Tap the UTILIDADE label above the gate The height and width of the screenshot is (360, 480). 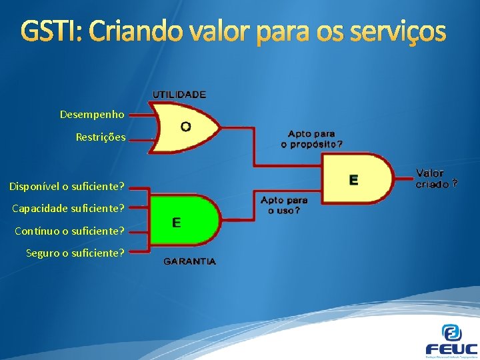[x=179, y=95]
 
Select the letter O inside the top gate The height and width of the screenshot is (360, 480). [x=186, y=125]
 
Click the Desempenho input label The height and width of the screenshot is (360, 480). [x=92, y=115]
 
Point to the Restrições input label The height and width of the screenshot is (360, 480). [x=100, y=137]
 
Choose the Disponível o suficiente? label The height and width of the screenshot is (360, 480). [x=67, y=185]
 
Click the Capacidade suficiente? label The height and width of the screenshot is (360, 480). [x=69, y=208]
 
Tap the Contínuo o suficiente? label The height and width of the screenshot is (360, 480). [x=69, y=231]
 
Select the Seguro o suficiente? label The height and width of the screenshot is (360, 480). [x=75, y=253]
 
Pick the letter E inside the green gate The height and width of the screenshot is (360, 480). [x=176, y=223]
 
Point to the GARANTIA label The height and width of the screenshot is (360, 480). [x=190, y=261]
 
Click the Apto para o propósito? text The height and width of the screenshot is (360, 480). [x=312, y=139]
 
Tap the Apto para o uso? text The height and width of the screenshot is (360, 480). [x=284, y=205]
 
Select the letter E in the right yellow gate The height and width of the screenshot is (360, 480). [x=353, y=180]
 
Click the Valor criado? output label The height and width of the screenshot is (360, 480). [x=436, y=179]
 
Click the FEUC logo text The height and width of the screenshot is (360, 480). [x=451, y=349]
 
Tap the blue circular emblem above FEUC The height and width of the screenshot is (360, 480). [x=452, y=332]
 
